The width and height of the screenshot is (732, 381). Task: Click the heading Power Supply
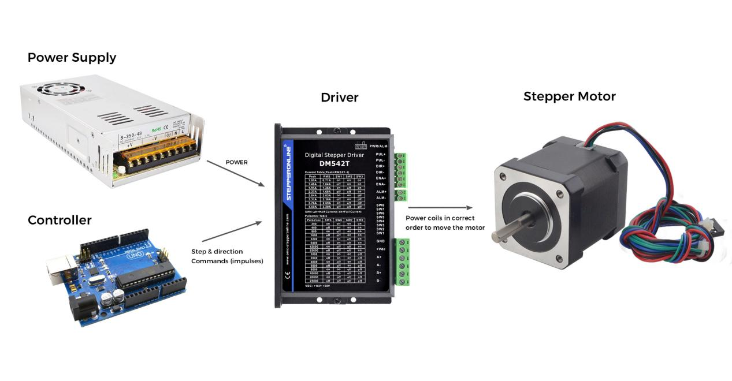[72, 58]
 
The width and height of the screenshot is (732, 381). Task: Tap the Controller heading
[60, 220]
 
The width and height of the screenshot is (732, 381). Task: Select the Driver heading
[339, 98]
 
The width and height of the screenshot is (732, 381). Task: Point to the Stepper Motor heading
[569, 96]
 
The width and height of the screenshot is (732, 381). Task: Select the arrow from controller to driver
[231, 231]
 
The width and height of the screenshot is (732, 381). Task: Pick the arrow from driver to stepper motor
[440, 208]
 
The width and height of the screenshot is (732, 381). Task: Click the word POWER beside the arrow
[236, 162]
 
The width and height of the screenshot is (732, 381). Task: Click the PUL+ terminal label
[381, 155]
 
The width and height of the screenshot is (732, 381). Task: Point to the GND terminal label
[380, 241]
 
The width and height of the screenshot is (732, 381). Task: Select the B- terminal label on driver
[379, 281]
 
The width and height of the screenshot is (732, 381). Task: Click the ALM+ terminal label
[381, 191]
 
